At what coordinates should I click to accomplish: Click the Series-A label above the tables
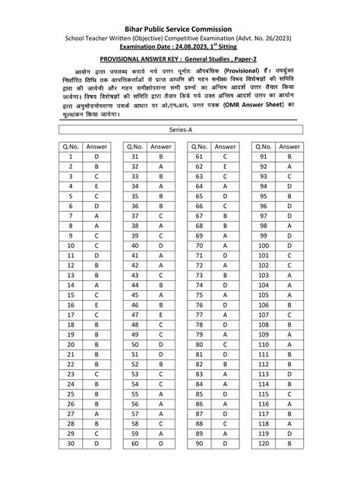tap(180, 131)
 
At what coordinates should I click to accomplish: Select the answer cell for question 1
tap(96, 156)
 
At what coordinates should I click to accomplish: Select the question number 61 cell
tap(198, 156)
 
